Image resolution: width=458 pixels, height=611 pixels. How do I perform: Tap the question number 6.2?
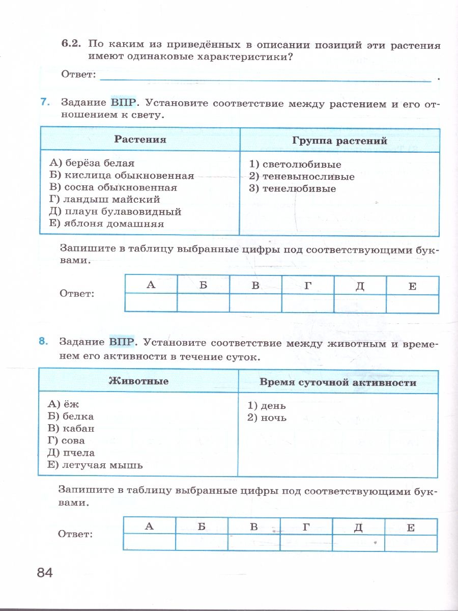point(71,44)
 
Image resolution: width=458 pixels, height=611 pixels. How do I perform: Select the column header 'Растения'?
point(140,140)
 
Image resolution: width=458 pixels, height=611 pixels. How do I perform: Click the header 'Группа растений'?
point(339,141)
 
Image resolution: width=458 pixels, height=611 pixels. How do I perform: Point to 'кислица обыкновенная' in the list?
point(122,176)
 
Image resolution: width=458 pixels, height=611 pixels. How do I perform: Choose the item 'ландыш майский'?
point(105,200)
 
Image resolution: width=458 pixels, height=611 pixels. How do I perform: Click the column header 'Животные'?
point(138,381)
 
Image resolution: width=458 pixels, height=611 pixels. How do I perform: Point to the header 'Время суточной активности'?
point(338,382)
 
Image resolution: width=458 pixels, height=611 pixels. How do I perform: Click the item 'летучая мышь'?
point(96,465)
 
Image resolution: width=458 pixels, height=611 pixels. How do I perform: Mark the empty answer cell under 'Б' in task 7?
point(203,303)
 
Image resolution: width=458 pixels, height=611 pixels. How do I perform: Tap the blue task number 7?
point(45,102)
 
